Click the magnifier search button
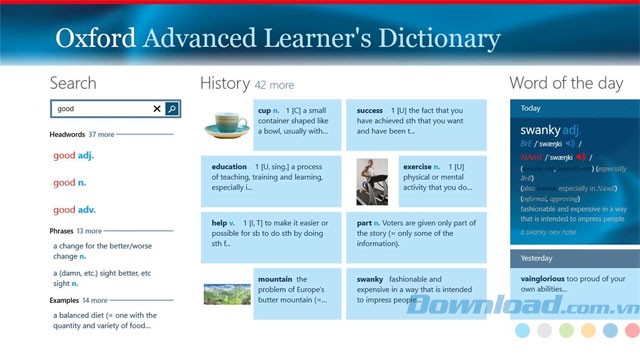tap(172, 109)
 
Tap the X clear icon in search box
tap(157, 109)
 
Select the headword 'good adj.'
tap(73, 156)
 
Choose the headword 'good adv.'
tap(74, 210)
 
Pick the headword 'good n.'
tap(68, 183)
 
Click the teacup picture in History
tap(227, 125)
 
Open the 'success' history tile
tap(370, 110)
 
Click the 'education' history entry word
tap(229, 166)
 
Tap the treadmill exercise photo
tap(372, 181)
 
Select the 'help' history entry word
tap(219, 223)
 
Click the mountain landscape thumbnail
tap(227, 293)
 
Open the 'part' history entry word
tap(364, 223)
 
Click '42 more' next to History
tap(274, 86)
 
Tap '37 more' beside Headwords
tap(101, 133)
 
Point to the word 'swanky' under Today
tap(540, 130)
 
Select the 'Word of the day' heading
tap(566, 83)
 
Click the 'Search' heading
tap(73, 83)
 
